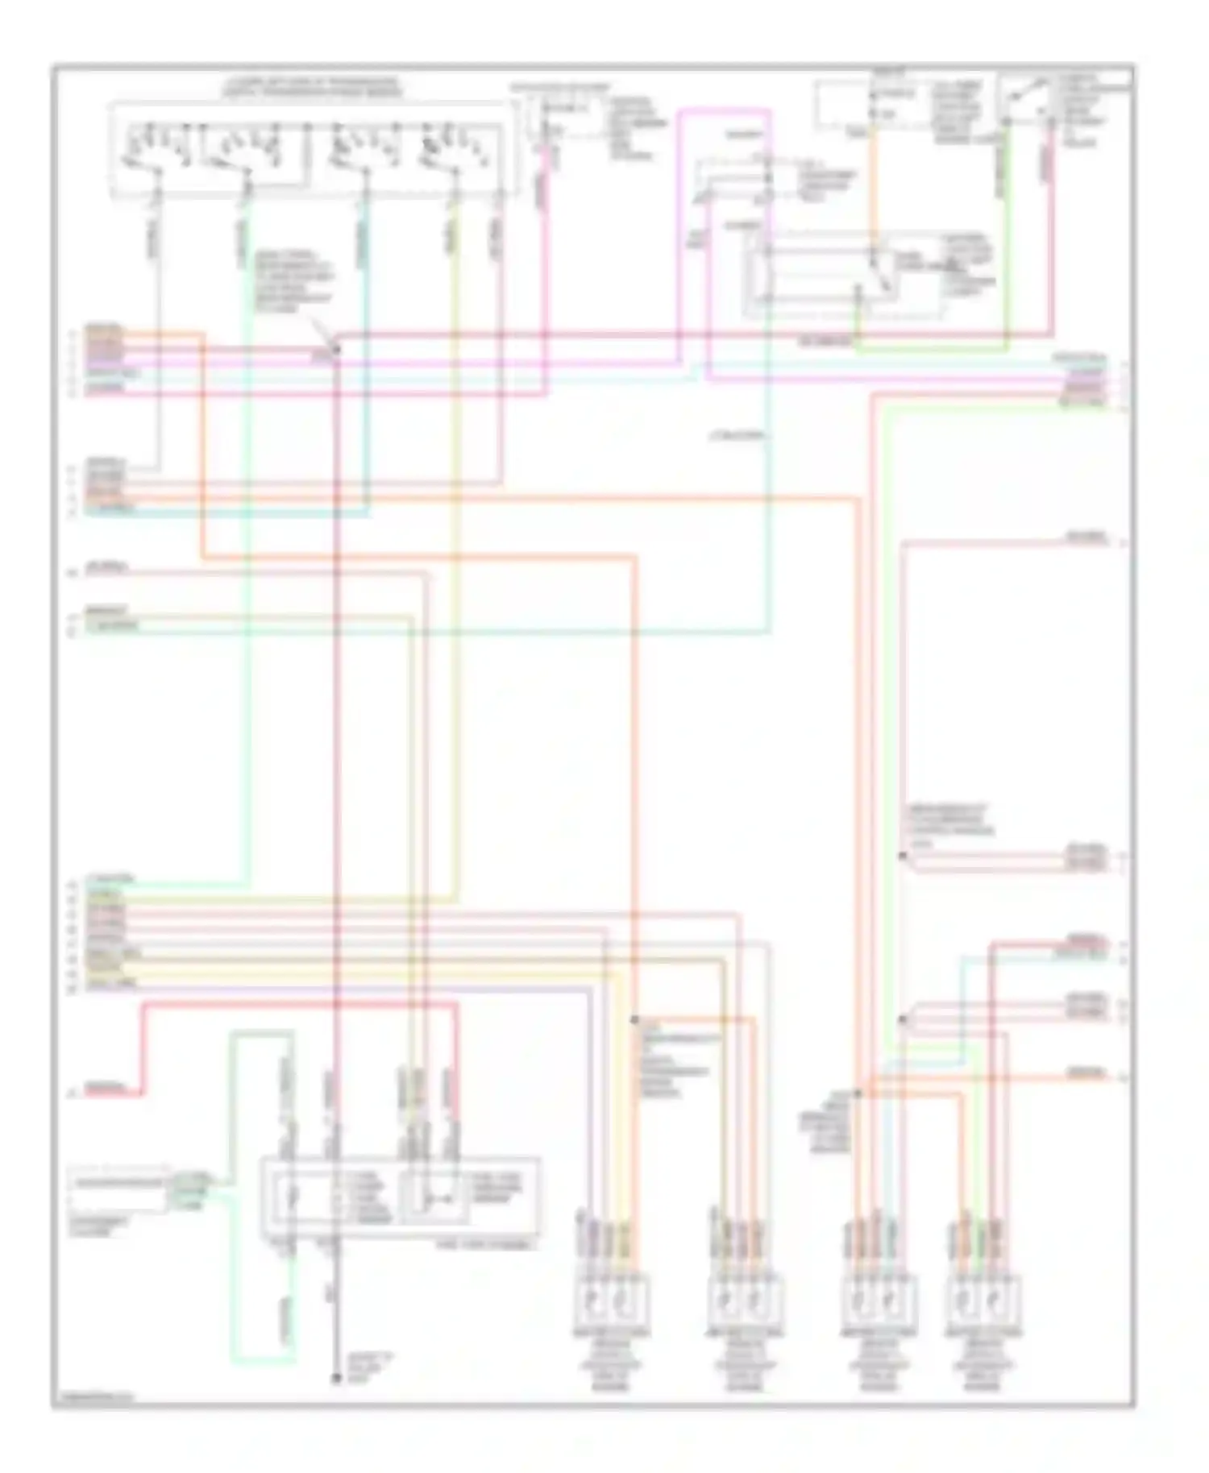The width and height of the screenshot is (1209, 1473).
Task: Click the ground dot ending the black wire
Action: [337, 1379]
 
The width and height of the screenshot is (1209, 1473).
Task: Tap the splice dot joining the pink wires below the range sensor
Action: [336, 348]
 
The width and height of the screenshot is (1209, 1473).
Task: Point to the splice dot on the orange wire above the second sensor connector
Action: [634, 1020]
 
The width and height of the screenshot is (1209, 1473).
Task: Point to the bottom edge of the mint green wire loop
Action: [262, 1362]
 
